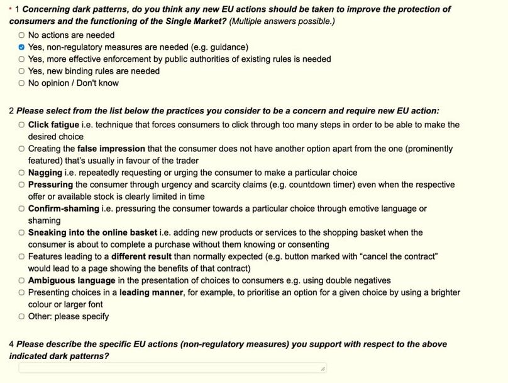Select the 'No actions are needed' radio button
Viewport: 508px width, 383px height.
click(22, 35)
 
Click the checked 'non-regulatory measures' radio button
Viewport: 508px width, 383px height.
click(22, 47)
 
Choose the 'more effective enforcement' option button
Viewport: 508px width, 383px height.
click(22, 59)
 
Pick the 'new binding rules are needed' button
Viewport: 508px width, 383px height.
click(22, 71)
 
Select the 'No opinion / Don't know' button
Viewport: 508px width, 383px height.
click(22, 83)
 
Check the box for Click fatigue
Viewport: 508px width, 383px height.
click(22, 125)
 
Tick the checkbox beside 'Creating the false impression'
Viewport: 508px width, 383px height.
click(22, 149)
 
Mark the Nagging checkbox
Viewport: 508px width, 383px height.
click(22, 173)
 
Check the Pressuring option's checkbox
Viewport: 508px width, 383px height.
click(22, 185)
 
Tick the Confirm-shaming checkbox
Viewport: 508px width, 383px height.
click(22, 209)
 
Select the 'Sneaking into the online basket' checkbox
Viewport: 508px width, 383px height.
click(22, 233)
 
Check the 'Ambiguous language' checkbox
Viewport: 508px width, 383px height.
click(22, 281)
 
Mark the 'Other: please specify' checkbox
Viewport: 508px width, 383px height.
click(22, 317)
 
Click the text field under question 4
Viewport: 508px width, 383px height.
click(170, 368)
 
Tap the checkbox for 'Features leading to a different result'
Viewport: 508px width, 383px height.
click(22, 257)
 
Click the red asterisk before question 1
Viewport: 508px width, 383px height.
click(10, 9)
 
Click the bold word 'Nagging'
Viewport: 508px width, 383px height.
click(45, 173)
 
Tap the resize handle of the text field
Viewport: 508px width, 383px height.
click(323, 369)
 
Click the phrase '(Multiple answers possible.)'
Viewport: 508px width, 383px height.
click(282, 21)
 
